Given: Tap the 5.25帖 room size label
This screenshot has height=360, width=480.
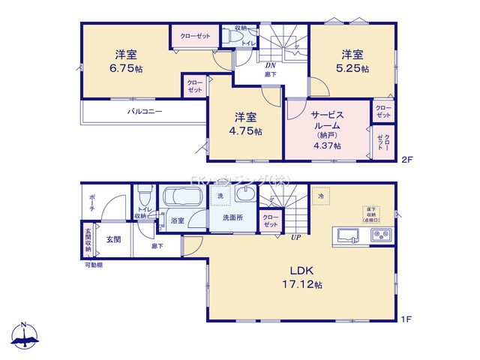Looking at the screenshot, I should click(x=353, y=69).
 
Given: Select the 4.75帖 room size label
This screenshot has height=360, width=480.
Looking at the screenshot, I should click(x=247, y=131).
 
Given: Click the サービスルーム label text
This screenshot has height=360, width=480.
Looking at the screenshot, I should click(x=328, y=121).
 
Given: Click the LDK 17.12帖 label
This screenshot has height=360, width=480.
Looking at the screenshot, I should click(x=302, y=277).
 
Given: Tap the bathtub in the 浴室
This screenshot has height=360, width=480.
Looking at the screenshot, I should click(x=181, y=199).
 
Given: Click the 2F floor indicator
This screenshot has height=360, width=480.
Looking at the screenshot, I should click(x=406, y=160).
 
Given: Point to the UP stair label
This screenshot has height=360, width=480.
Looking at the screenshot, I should click(x=296, y=238).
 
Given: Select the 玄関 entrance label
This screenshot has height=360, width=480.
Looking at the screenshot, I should click(x=113, y=239).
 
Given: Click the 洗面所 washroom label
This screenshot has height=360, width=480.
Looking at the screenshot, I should click(x=232, y=218).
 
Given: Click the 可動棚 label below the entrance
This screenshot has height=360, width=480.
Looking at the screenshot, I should click(x=94, y=265).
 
